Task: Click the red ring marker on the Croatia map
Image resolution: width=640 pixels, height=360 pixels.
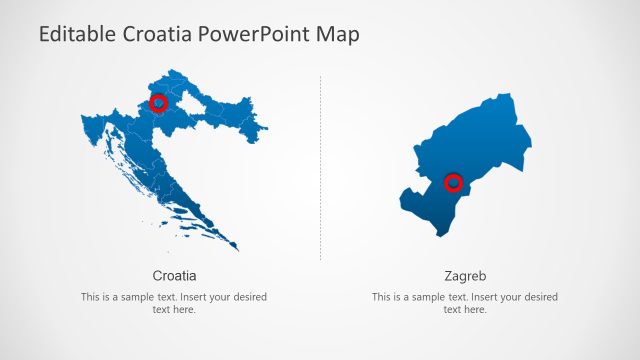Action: click(x=158, y=103)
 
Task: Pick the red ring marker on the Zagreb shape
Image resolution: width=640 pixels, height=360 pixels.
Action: click(x=453, y=182)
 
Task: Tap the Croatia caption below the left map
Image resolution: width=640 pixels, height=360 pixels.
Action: click(x=174, y=275)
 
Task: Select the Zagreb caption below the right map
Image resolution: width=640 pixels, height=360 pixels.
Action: click(x=465, y=275)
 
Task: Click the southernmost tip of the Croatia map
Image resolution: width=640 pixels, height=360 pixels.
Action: click(x=236, y=248)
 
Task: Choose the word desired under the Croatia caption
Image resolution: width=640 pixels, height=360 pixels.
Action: click(x=246, y=297)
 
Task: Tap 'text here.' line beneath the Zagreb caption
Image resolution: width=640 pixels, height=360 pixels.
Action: click(x=465, y=309)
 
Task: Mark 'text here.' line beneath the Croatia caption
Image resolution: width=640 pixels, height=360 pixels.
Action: click(x=174, y=309)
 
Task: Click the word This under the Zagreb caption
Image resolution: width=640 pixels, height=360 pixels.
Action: click(x=382, y=297)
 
